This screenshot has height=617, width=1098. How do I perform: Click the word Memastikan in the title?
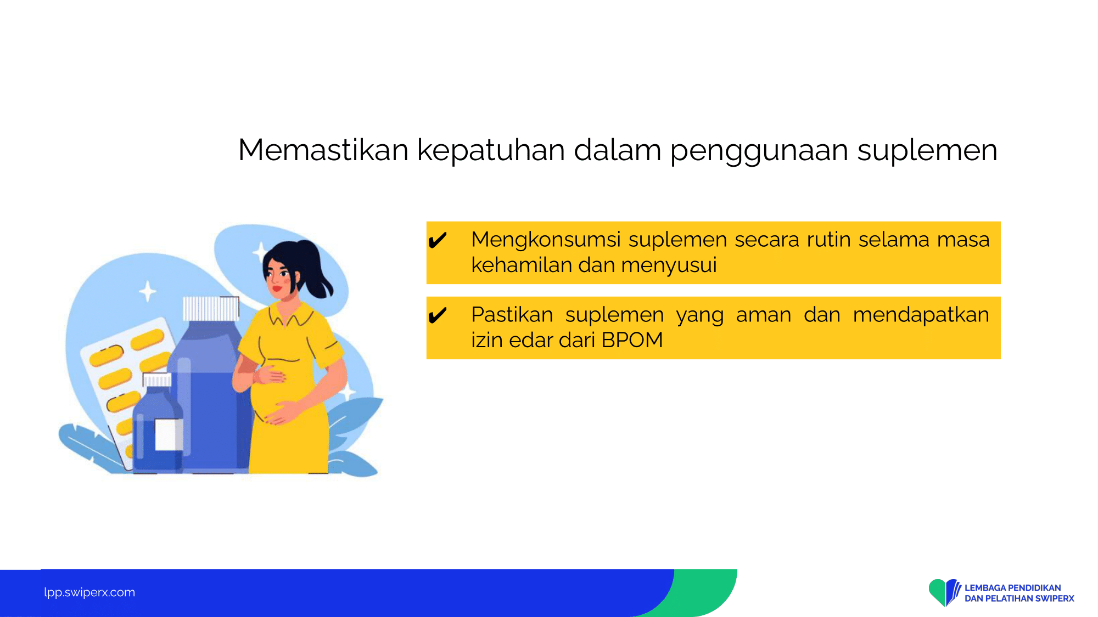[x=323, y=150]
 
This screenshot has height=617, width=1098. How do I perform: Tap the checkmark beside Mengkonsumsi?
[x=438, y=240]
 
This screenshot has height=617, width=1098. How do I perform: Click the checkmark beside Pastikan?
[x=438, y=315]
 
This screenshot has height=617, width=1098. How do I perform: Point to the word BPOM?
[x=632, y=340]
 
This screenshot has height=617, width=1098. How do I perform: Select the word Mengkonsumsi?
[x=546, y=240]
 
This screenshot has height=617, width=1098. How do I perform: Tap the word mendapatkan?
[x=921, y=315]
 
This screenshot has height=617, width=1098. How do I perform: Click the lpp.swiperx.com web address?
[x=89, y=592]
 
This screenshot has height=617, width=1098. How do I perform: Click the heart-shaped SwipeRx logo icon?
[x=944, y=592]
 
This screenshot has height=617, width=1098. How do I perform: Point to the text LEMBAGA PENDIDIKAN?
[x=1013, y=588]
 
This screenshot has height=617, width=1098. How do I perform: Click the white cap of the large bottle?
[x=211, y=308]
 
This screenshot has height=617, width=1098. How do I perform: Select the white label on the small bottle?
[x=168, y=434]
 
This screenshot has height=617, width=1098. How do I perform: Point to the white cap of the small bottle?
[x=157, y=380]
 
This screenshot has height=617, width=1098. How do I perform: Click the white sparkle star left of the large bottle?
[x=147, y=291]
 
